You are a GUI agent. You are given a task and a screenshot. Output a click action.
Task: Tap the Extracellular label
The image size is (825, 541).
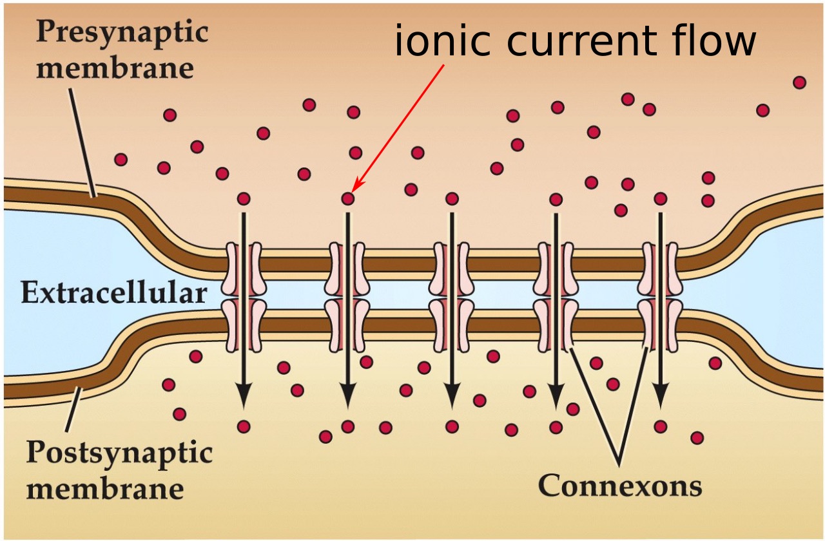[113, 293]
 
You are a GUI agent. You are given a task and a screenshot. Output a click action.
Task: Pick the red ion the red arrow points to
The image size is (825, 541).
[348, 198]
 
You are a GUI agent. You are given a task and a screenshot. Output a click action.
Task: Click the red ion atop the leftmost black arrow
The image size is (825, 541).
[244, 198]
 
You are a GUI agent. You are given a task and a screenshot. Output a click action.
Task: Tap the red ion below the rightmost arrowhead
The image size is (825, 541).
[660, 426]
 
